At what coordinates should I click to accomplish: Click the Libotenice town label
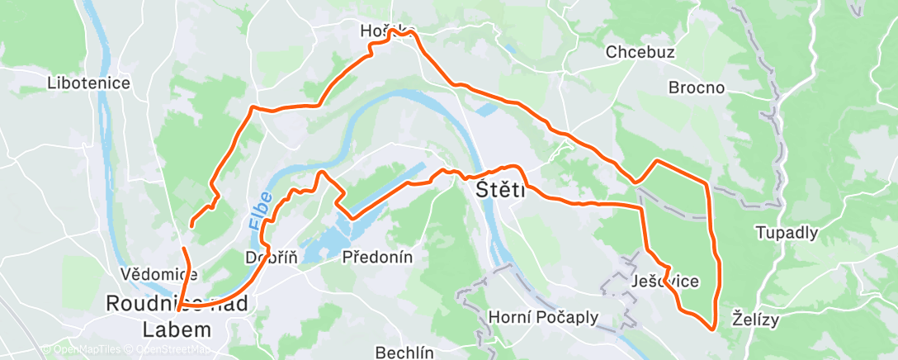pyautogui.click(x=89, y=83)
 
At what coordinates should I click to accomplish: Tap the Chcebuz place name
pyautogui.click(x=640, y=52)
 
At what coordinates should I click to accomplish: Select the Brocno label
pyautogui.click(x=696, y=88)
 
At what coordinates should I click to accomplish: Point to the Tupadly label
pyautogui.click(x=787, y=233)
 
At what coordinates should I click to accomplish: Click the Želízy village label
pyautogui.click(x=755, y=320)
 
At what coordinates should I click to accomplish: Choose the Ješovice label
pyautogui.click(x=664, y=282)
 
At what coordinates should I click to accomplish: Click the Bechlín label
pyautogui.click(x=404, y=352)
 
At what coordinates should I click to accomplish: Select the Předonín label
pyautogui.click(x=377, y=257)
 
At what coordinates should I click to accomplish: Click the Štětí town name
pyautogui.click(x=501, y=191)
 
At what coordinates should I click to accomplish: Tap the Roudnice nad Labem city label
pyautogui.click(x=176, y=316)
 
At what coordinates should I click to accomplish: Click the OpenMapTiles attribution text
pyautogui.click(x=81, y=349)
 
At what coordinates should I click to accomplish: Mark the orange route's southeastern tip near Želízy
pyautogui.click(x=712, y=329)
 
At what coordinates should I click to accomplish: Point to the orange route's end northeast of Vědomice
pyautogui.click(x=191, y=225)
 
